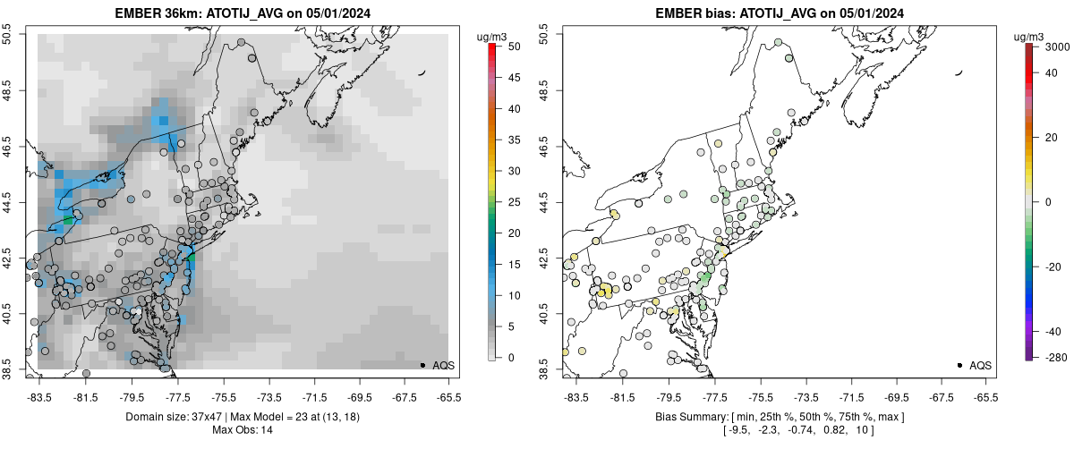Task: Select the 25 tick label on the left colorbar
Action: (x=508, y=202)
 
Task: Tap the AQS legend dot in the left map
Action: (x=422, y=365)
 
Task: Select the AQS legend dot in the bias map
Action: (x=959, y=365)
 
